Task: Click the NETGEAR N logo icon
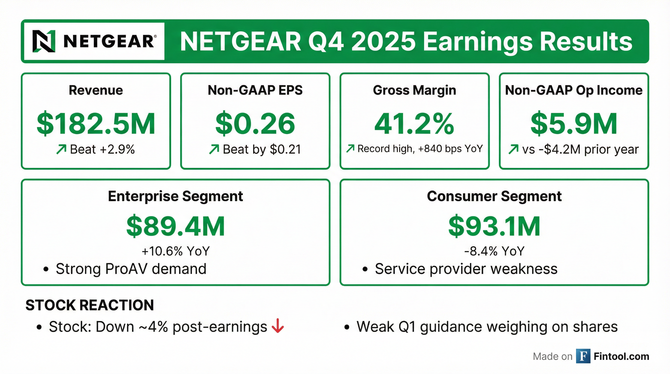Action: tap(44, 41)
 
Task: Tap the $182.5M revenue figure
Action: tap(96, 124)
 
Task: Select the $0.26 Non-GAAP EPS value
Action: tap(255, 124)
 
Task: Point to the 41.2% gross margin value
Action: tap(414, 124)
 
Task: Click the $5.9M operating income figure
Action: tap(574, 124)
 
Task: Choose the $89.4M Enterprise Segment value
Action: tap(176, 226)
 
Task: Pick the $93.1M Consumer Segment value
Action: tap(494, 226)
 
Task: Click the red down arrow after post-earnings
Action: tap(278, 326)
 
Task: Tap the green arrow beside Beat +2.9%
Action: tap(61, 150)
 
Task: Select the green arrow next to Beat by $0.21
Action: tap(214, 150)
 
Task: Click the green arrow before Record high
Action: tap(350, 149)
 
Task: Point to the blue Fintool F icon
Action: tap(583, 356)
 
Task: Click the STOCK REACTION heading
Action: tap(90, 305)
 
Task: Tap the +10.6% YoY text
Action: tap(176, 251)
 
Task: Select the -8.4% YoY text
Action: tap(494, 251)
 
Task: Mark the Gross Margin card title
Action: tap(414, 90)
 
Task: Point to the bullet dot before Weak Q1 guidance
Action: tap(346, 327)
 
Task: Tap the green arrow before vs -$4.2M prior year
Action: tap(513, 150)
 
